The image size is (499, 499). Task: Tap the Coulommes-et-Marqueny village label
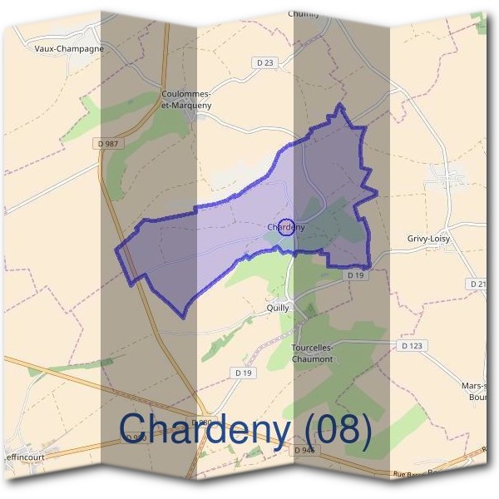(187, 99)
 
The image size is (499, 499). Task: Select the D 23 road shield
(265, 62)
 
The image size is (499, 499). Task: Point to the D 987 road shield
(108, 143)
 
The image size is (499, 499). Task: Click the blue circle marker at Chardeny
(285, 226)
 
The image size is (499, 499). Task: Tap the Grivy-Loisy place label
(428, 239)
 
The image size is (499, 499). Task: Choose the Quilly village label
(278, 307)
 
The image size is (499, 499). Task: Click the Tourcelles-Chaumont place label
(313, 353)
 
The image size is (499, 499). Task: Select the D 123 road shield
(412, 345)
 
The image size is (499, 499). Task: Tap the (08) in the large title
(336, 428)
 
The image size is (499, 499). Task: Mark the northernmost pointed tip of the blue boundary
(338, 105)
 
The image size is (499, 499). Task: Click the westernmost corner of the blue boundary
(116, 248)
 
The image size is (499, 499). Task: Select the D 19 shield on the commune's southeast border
(356, 274)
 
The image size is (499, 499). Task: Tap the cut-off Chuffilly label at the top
(303, 13)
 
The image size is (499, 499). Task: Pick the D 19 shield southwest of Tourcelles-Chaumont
(243, 373)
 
